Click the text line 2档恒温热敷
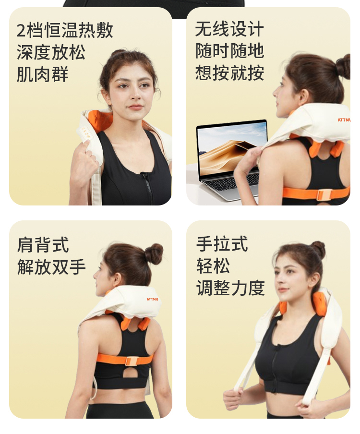[x=65, y=30]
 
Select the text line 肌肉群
[x=42, y=74]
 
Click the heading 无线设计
[x=229, y=29]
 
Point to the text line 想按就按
[x=229, y=73]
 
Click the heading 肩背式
[x=43, y=245]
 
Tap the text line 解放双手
[x=51, y=267]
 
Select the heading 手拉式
[x=222, y=244]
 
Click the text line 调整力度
[x=230, y=288]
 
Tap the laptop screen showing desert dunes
[x=232, y=148]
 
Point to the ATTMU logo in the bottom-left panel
[x=152, y=299]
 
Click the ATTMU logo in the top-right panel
[x=344, y=120]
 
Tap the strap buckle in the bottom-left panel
[x=132, y=361]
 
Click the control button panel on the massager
[x=85, y=133]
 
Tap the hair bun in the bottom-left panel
[x=154, y=254]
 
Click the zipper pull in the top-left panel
[x=144, y=175]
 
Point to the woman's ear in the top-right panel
[x=303, y=97]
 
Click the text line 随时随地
[x=229, y=51]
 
